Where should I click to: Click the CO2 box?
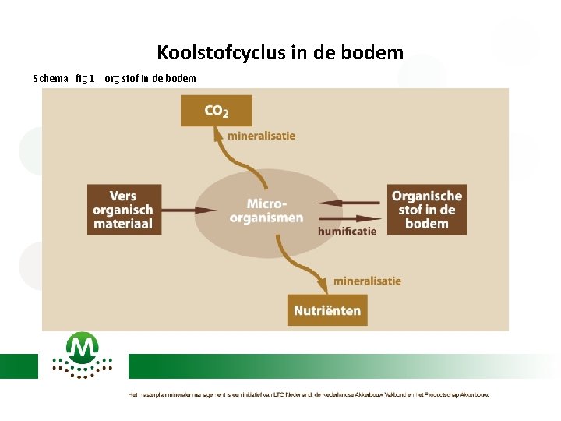point(216,111)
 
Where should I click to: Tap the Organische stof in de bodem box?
point(426,210)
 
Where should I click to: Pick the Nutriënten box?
point(327,310)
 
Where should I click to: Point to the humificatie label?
point(348,231)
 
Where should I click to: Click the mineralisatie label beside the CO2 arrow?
point(261,136)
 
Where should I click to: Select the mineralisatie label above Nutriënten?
point(367,281)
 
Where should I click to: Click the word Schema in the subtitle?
point(51,78)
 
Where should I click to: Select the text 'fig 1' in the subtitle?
point(85,78)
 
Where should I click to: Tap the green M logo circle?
point(82,348)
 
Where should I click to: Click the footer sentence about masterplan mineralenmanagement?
point(309,394)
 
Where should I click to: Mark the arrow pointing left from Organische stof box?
point(350,202)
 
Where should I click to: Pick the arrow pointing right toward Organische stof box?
point(350,217)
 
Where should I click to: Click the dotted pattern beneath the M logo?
point(82,368)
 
